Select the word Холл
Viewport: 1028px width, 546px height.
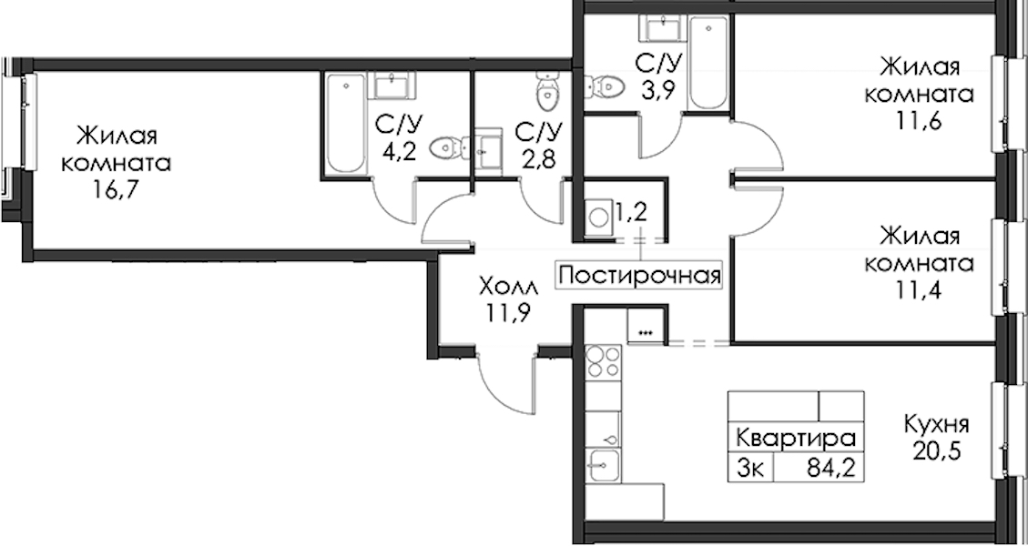[508, 287]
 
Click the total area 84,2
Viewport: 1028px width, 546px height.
[831, 469]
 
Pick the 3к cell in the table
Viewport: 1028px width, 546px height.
[750, 469]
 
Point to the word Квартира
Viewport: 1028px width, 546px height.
[796, 438]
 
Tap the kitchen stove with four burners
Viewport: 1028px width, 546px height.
[603, 361]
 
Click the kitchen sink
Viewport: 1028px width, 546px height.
[603, 466]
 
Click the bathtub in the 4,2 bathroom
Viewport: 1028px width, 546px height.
[345, 124]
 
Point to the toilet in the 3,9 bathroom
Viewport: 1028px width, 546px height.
[603, 86]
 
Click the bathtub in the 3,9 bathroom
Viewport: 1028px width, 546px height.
[708, 62]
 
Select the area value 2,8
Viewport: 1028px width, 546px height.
[538, 158]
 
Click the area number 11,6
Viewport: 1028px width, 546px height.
[920, 121]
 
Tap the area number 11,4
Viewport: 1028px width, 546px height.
[920, 289]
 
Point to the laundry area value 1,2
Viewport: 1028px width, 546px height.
[630, 211]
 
